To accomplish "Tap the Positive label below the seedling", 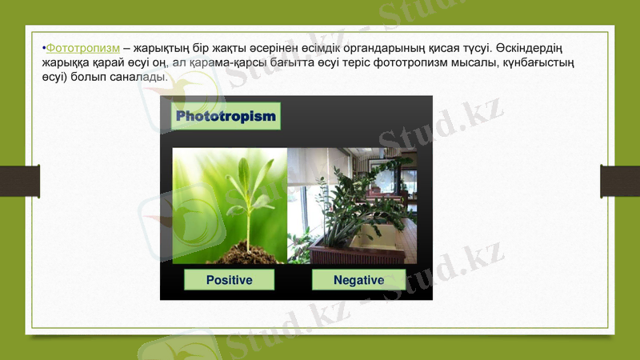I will pyautogui.click(x=229, y=280).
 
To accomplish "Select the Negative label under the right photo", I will pyautogui.click(x=358, y=280).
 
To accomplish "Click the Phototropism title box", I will pyautogui.click(x=226, y=117).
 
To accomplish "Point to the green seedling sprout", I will pyautogui.click(x=248, y=196).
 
